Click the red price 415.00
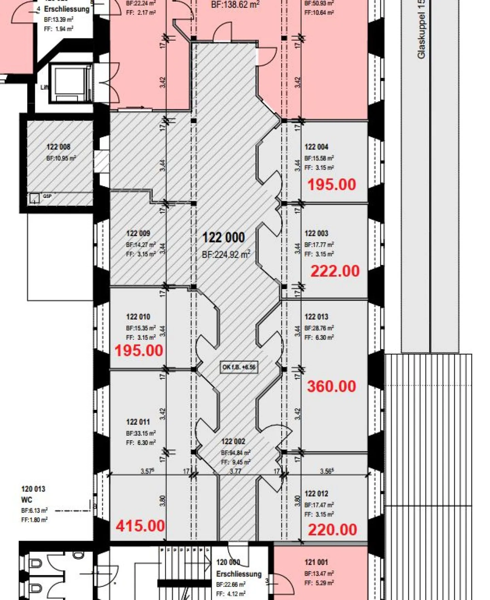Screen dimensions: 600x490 click(x=140, y=525)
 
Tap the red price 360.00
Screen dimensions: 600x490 click(x=331, y=386)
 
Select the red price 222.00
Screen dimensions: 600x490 click(x=335, y=271)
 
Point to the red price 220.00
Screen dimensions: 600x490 click(x=332, y=530)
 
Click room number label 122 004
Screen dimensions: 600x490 click(x=316, y=147)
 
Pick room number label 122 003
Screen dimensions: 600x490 click(x=316, y=234)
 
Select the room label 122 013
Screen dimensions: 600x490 click(x=316, y=317)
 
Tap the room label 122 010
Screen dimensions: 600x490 click(x=138, y=317)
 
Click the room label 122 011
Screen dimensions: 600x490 click(x=138, y=422)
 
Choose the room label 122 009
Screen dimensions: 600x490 click(x=138, y=234)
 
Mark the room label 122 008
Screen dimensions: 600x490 click(x=58, y=147)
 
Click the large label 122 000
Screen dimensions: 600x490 click(x=224, y=238)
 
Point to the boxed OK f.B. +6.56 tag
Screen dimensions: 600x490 click(x=239, y=367)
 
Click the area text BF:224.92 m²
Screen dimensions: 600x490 click(x=226, y=255)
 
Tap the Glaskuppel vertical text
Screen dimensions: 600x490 click(x=421, y=31)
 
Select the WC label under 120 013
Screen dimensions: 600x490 click(x=27, y=500)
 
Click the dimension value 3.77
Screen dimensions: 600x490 click(x=235, y=471)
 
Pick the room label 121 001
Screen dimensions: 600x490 click(x=316, y=562)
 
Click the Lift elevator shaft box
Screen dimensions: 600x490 click(x=71, y=83)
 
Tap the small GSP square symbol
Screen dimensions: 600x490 click(x=34, y=198)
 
